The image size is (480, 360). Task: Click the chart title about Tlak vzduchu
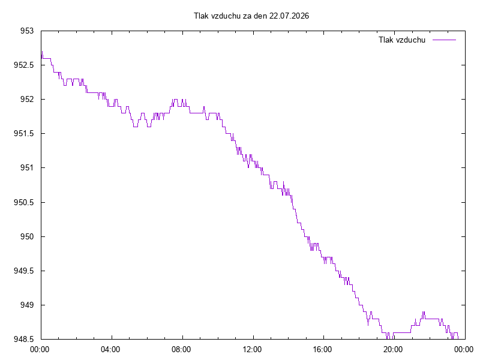click(x=251, y=16)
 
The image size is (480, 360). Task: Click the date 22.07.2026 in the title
click(x=289, y=16)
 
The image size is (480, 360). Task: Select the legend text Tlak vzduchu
click(x=402, y=40)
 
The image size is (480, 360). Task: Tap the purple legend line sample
click(x=444, y=40)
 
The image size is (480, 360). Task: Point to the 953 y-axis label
click(x=27, y=31)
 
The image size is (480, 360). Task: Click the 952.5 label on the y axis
click(x=23, y=65)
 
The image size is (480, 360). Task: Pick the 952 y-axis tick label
click(x=27, y=100)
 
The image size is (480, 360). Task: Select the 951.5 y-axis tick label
click(x=23, y=134)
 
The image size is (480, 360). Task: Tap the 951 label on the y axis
click(x=27, y=168)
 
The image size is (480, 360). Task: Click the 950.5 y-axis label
click(x=23, y=202)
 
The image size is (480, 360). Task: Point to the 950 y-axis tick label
click(x=27, y=236)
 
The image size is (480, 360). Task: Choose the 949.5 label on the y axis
click(x=23, y=271)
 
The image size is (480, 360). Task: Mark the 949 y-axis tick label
click(x=27, y=305)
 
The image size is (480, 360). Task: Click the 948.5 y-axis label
click(x=23, y=339)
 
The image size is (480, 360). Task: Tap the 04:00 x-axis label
click(x=110, y=350)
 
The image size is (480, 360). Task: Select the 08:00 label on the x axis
click(x=181, y=350)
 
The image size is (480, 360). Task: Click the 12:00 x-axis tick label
click(x=252, y=350)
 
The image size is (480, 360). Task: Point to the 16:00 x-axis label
click(x=323, y=350)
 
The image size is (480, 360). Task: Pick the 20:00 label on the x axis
click(x=394, y=350)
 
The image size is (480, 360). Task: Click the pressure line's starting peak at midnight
click(x=42, y=52)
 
